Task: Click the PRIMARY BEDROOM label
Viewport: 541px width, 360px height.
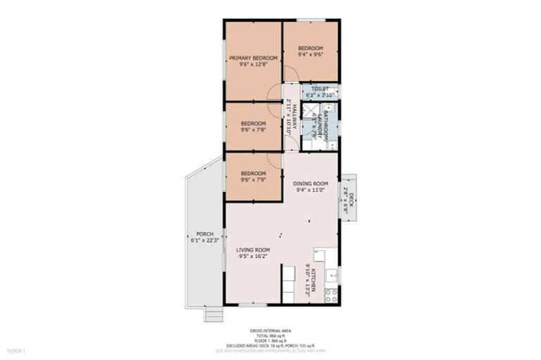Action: click(253, 58)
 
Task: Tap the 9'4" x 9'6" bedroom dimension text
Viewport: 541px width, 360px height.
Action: click(310, 54)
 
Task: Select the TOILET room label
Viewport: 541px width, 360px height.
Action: click(321, 89)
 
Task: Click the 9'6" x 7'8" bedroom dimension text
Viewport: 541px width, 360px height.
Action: click(253, 129)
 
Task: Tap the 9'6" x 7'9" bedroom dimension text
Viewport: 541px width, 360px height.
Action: click(253, 179)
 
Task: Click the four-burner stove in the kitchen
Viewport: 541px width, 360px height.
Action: click(331, 295)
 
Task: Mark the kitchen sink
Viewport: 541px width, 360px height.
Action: click(331, 275)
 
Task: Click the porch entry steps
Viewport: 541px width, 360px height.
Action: click(213, 314)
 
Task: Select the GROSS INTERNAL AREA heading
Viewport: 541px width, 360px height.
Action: click(270, 330)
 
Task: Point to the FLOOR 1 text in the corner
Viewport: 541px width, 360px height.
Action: click(16, 349)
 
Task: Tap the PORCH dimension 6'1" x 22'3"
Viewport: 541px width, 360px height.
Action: click(205, 240)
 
